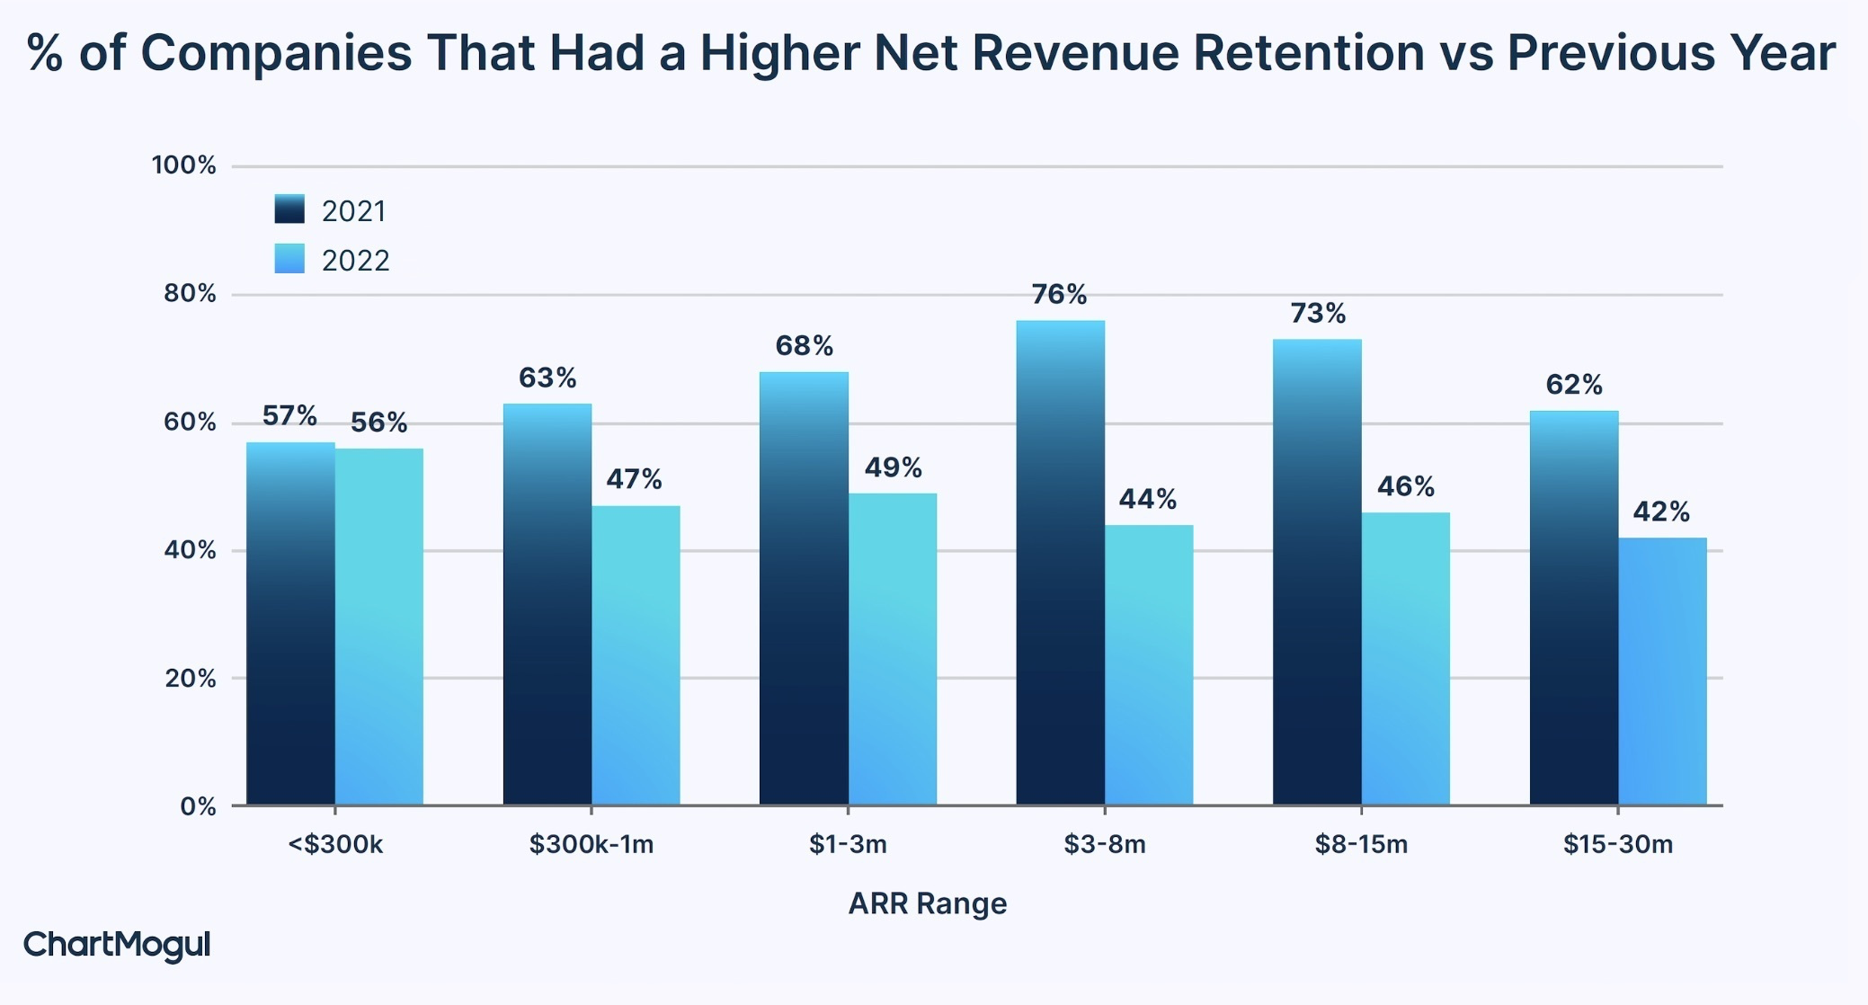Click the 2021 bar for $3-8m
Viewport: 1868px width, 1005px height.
1060,563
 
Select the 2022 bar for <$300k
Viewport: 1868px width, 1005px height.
378,627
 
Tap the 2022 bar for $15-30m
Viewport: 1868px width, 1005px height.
1662,671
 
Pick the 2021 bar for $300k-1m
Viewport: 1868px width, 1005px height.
547,604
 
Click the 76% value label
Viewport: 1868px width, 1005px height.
1059,294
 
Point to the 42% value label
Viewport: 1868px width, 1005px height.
1661,511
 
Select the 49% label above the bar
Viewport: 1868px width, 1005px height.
893,467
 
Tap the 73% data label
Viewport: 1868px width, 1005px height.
1318,313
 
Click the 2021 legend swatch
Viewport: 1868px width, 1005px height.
289,209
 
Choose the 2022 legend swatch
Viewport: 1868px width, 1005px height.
289,259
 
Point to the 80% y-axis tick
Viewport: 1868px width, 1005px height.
190,294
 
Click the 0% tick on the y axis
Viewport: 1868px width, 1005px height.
198,806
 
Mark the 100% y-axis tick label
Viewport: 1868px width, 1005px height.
183,165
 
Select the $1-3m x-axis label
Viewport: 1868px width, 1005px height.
848,844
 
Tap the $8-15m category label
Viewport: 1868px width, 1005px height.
1361,844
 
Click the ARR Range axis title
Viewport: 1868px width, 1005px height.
927,903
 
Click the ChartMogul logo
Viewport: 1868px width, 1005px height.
116,945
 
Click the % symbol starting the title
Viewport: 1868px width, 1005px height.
44,52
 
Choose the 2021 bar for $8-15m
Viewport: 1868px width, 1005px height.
1317,572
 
